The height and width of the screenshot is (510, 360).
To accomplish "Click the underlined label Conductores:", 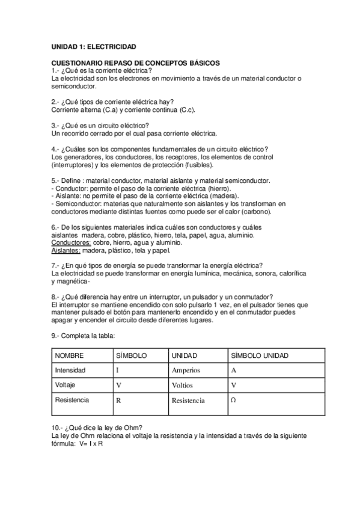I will tap(71, 242).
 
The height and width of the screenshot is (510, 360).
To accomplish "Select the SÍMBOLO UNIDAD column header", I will tap(260, 355).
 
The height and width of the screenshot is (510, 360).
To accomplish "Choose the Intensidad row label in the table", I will tap(70, 370).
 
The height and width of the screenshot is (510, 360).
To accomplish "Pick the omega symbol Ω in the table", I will tap(233, 399).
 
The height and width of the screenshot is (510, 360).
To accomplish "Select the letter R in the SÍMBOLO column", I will tap(118, 399).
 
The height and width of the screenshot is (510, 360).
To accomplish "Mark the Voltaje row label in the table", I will tap(65, 384).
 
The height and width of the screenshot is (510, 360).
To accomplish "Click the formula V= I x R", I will tap(88, 443).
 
